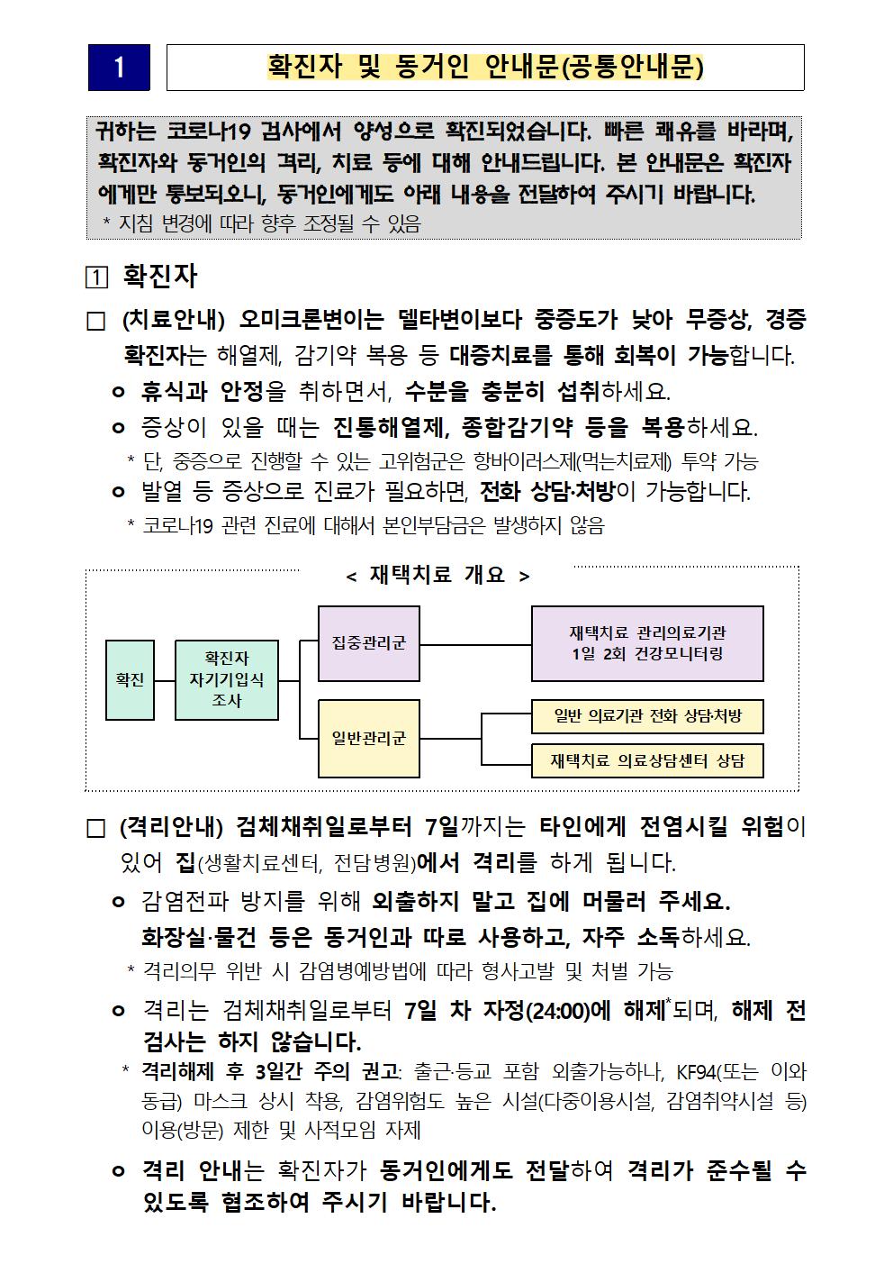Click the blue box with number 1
click(x=119, y=68)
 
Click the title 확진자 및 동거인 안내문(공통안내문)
click(x=485, y=68)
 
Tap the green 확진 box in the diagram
click(x=130, y=680)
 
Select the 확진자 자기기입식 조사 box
click(x=227, y=680)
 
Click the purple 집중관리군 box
click(x=369, y=643)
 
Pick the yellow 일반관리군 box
click(x=369, y=738)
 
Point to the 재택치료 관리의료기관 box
click(x=647, y=643)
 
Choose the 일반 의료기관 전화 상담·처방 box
click(x=647, y=716)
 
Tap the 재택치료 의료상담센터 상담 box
click(x=647, y=761)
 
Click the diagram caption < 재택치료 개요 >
click(x=438, y=576)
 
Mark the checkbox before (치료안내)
click(x=95, y=322)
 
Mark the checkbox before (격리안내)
click(x=95, y=829)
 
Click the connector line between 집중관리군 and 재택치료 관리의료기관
click(x=475, y=645)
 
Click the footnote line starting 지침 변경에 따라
click(x=268, y=224)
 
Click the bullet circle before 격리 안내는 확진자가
click(x=118, y=1171)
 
